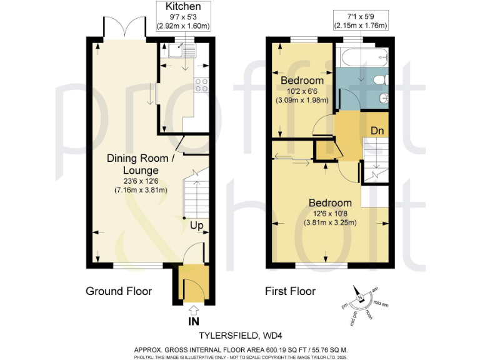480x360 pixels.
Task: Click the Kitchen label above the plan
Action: click(x=183, y=7)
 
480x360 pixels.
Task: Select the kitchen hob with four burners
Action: click(x=201, y=85)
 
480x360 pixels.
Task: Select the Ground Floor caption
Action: click(x=119, y=291)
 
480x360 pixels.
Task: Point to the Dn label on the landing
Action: click(x=377, y=132)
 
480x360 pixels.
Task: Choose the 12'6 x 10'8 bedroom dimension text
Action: click(x=328, y=213)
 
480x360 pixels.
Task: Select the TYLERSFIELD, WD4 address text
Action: click(x=240, y=334)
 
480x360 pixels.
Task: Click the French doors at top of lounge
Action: click(x=121, y=27)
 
